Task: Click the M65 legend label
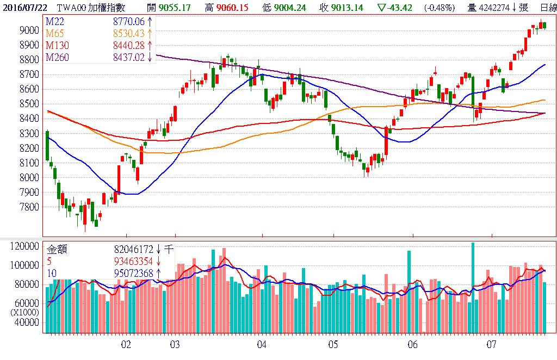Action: pos(56,33)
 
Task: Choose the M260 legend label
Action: pos(58,57)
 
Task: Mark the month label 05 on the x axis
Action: pos(333,344)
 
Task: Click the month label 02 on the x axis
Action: pos(126,344)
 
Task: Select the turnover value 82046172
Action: pos(134,250)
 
